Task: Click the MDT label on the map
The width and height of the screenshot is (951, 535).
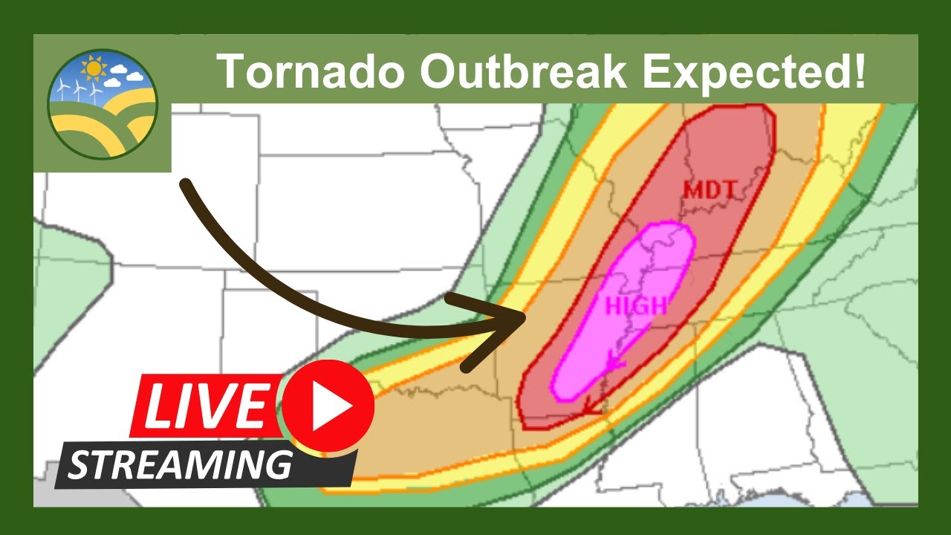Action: tap(710, 191)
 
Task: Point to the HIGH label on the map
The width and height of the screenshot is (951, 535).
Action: tap(636, 305)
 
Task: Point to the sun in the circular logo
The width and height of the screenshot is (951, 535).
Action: tap(93, 69)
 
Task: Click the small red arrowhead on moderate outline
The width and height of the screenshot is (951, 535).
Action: tap(591, 406)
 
